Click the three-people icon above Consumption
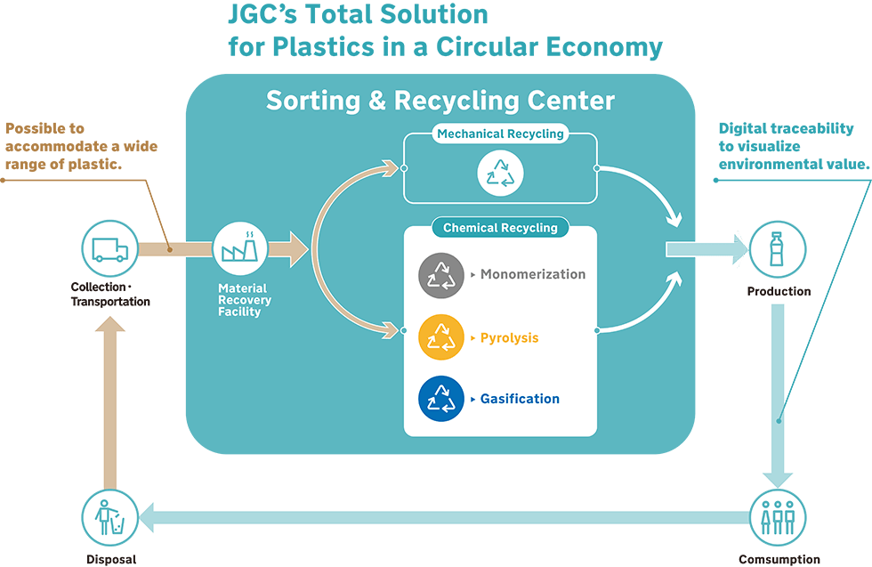click(x=778, y=517)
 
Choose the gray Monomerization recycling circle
click(x=441, y=275)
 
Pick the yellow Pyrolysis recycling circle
click(x=441, y=337)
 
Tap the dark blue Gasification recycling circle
click(x=441, y=399)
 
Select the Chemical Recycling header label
click(x=500, y=228)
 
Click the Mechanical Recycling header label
click(x=500, y=134)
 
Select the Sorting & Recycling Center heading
click(x=440, y=101)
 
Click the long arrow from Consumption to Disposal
click(x=445, y=516)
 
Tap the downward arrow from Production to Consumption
click(x=778, y=392)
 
